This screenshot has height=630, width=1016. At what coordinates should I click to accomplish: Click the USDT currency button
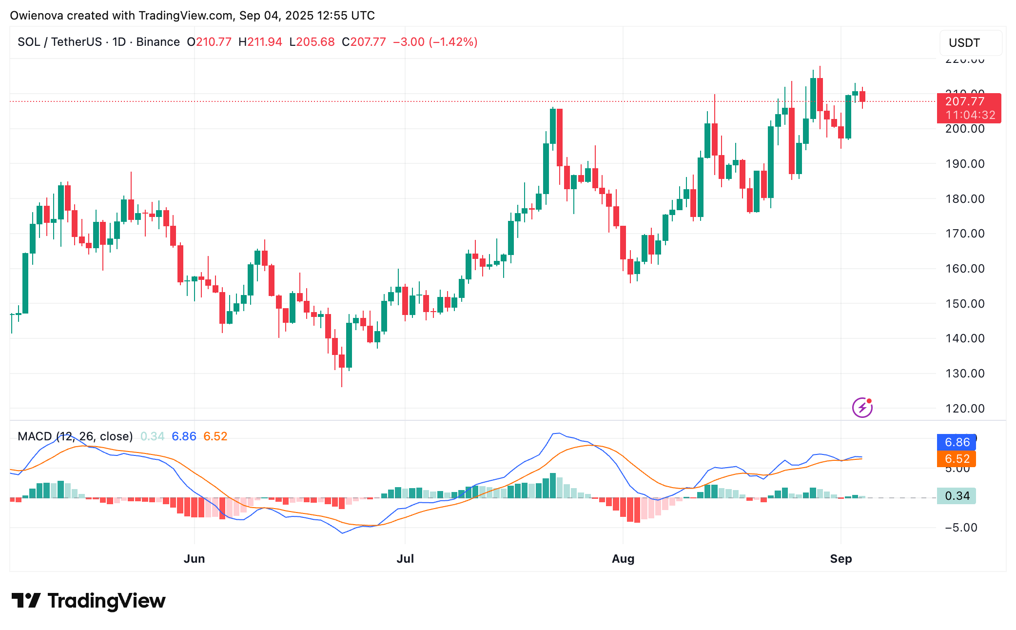970,43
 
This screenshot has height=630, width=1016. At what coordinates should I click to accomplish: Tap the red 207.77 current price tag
968,102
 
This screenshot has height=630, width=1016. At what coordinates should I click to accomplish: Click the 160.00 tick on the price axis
965,269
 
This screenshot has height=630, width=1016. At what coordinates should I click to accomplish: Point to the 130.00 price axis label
965,374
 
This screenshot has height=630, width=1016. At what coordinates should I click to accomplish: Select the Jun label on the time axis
194,559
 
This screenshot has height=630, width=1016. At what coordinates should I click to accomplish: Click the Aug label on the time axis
623,559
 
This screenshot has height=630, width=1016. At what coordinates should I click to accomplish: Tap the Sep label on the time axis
840,559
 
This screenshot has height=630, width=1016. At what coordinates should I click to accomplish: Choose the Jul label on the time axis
405,559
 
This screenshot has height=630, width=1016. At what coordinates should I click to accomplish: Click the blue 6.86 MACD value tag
957,442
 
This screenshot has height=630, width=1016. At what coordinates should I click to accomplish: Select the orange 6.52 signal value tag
957,459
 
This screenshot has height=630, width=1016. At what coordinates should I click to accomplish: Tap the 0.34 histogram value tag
957,496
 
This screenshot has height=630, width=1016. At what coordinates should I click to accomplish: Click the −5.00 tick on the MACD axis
960,528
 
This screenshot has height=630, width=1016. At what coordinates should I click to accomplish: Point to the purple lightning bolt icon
862,408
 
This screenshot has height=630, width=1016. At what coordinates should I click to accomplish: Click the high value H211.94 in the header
260,42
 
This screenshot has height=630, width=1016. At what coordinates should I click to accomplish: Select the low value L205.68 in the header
312,42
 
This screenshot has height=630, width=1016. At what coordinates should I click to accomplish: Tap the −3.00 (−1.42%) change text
435,42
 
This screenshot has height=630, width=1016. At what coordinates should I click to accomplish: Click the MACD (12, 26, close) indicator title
75,436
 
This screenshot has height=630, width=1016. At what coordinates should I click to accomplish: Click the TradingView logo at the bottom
88,601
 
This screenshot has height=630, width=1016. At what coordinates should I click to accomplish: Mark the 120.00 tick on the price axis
965,409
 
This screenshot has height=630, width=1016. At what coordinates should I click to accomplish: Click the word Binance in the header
158,42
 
